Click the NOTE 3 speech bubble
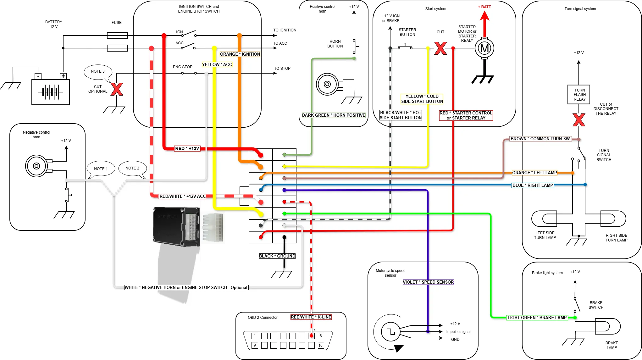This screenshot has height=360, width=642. coord(98,72)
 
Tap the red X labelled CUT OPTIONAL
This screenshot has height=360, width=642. coord(117,89)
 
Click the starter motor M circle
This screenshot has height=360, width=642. coord(484,48)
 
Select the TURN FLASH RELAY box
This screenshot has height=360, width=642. coord(579,94)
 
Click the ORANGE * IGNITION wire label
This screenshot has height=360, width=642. coord(240,54)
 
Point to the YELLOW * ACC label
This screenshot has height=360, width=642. coord(217,64)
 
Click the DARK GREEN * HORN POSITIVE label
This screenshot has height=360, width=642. coord(334,115)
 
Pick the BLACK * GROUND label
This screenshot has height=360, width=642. coord(277,256)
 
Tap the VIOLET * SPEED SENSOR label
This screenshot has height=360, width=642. coord(428,282)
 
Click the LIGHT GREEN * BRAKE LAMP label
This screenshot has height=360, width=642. coord(537,318)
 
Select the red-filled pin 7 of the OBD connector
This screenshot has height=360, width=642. coord(311,336)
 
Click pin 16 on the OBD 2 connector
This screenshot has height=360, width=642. coord(320,345)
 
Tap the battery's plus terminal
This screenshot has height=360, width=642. coord(63,76)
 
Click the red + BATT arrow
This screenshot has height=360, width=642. coord(485,24)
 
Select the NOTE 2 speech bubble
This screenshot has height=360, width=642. coord(132,169)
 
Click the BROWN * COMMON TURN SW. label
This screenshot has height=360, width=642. coord(540,139)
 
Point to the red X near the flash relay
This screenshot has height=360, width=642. coord(579,120)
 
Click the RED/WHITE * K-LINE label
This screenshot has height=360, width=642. coord(311,317)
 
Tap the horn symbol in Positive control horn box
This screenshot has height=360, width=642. coord(327,84)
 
